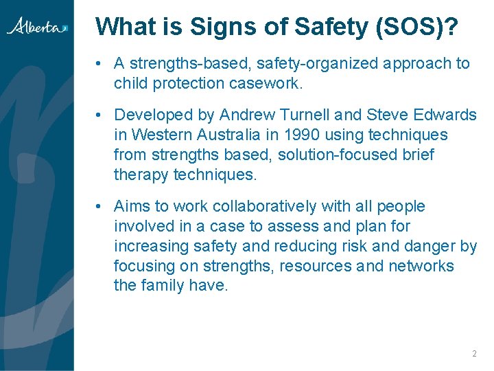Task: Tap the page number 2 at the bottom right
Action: click(474, 354)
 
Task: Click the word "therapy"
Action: click(141, 175)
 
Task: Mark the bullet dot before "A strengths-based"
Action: click(100, 64)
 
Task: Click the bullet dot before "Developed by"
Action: click(100, 115)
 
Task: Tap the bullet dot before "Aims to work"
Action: click(100, 207)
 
